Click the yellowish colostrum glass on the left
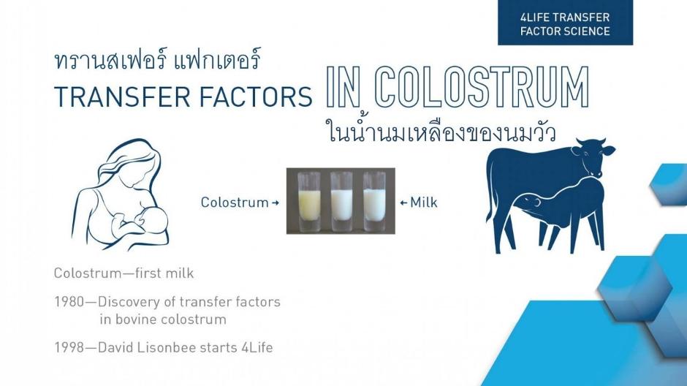click(309, 201)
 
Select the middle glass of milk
click(342, 201)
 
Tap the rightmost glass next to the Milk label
click(375, 201)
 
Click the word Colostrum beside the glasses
click(235, 203)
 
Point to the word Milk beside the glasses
click(424, 203)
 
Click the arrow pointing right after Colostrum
click(275, 203)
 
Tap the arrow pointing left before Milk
click(404, 203)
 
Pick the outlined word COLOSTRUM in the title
click(482, 87)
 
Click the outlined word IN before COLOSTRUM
click(343, 87)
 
